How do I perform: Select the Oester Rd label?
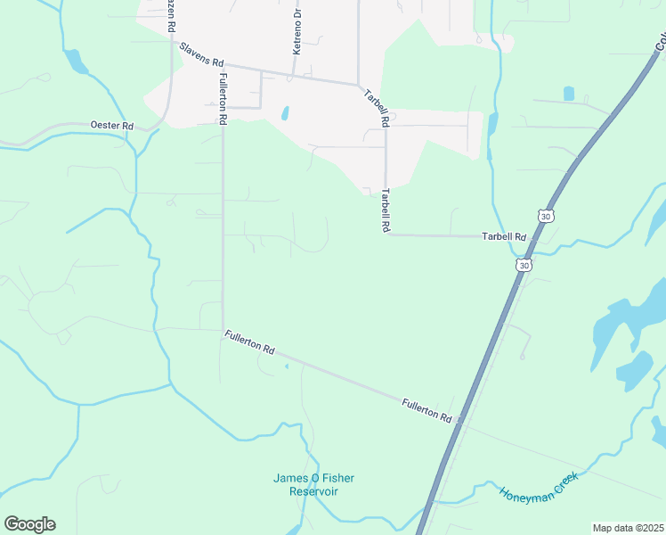[111, 126]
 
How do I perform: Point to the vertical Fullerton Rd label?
[223, 99]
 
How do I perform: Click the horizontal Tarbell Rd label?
[504, 237]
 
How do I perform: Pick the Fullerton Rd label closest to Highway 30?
[426, 411]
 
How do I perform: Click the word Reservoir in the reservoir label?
[313, 491]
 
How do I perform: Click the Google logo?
[29, 524]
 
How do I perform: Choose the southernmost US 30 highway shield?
[524, 265]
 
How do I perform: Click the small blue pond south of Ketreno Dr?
[285, 113]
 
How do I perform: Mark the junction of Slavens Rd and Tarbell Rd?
[360, 86]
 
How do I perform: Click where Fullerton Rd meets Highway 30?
[459, 424]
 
